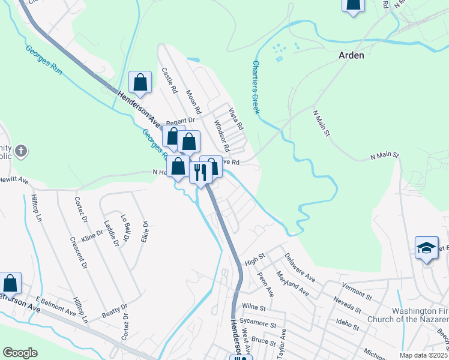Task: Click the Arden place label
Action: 351,55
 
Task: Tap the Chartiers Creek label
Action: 256,87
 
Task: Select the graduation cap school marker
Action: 426,248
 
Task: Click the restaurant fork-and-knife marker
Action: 200,172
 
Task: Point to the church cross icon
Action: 21,151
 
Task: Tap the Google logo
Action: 20,353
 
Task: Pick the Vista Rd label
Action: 236,119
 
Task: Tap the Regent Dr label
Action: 181,121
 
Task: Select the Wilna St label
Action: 255,307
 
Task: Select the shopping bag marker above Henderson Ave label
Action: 140,83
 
